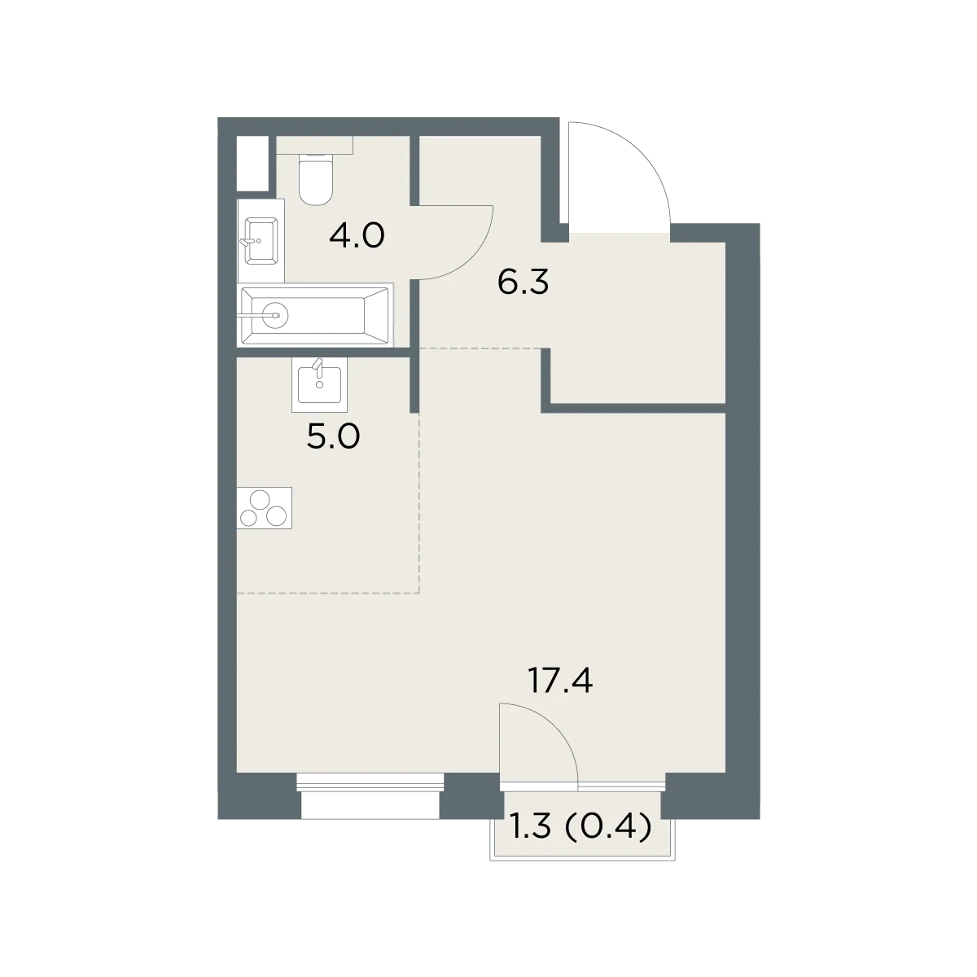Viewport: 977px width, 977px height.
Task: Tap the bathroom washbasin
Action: (x=261, y=241)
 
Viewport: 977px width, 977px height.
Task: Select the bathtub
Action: (x=315, y=315)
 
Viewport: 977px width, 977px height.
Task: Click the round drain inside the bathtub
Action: (x=276, y=315)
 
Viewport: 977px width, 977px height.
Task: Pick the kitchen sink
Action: (x=319, y=384)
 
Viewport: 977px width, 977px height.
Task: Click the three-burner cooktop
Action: (x=264, y=508)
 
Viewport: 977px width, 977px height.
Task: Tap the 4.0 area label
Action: (x=357, y=236)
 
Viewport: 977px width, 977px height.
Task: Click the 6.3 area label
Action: (x=523, y=283)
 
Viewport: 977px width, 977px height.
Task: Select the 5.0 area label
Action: (x=333, y=437)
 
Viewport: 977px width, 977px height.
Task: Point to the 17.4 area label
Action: (x=559, y=681)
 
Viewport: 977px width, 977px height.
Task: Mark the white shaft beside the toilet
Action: (x=252, y=164)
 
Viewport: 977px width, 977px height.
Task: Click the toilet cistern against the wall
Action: (x=314, y=144)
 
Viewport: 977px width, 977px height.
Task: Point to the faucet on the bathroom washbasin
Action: (x=251, y=241)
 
